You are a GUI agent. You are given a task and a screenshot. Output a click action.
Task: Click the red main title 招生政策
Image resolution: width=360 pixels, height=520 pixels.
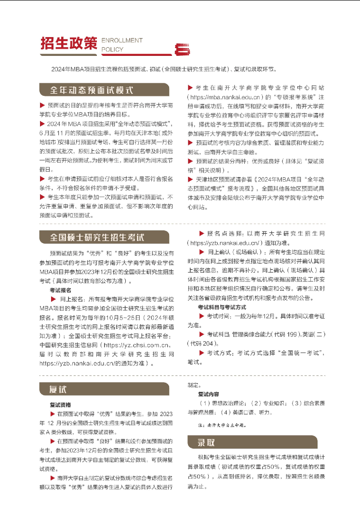(68, 43)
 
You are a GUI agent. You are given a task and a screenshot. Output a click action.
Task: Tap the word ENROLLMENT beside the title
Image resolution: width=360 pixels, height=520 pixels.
(121, 40)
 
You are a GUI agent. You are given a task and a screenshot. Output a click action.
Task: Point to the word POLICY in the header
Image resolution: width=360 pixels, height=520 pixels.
(112, 49)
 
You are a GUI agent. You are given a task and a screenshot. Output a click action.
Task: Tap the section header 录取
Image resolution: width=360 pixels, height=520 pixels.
(206, 442)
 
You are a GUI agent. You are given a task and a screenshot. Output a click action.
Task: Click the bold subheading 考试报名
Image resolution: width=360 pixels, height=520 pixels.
(60, 290)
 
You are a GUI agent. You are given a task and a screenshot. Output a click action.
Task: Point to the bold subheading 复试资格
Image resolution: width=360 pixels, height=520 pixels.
(60, 405)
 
